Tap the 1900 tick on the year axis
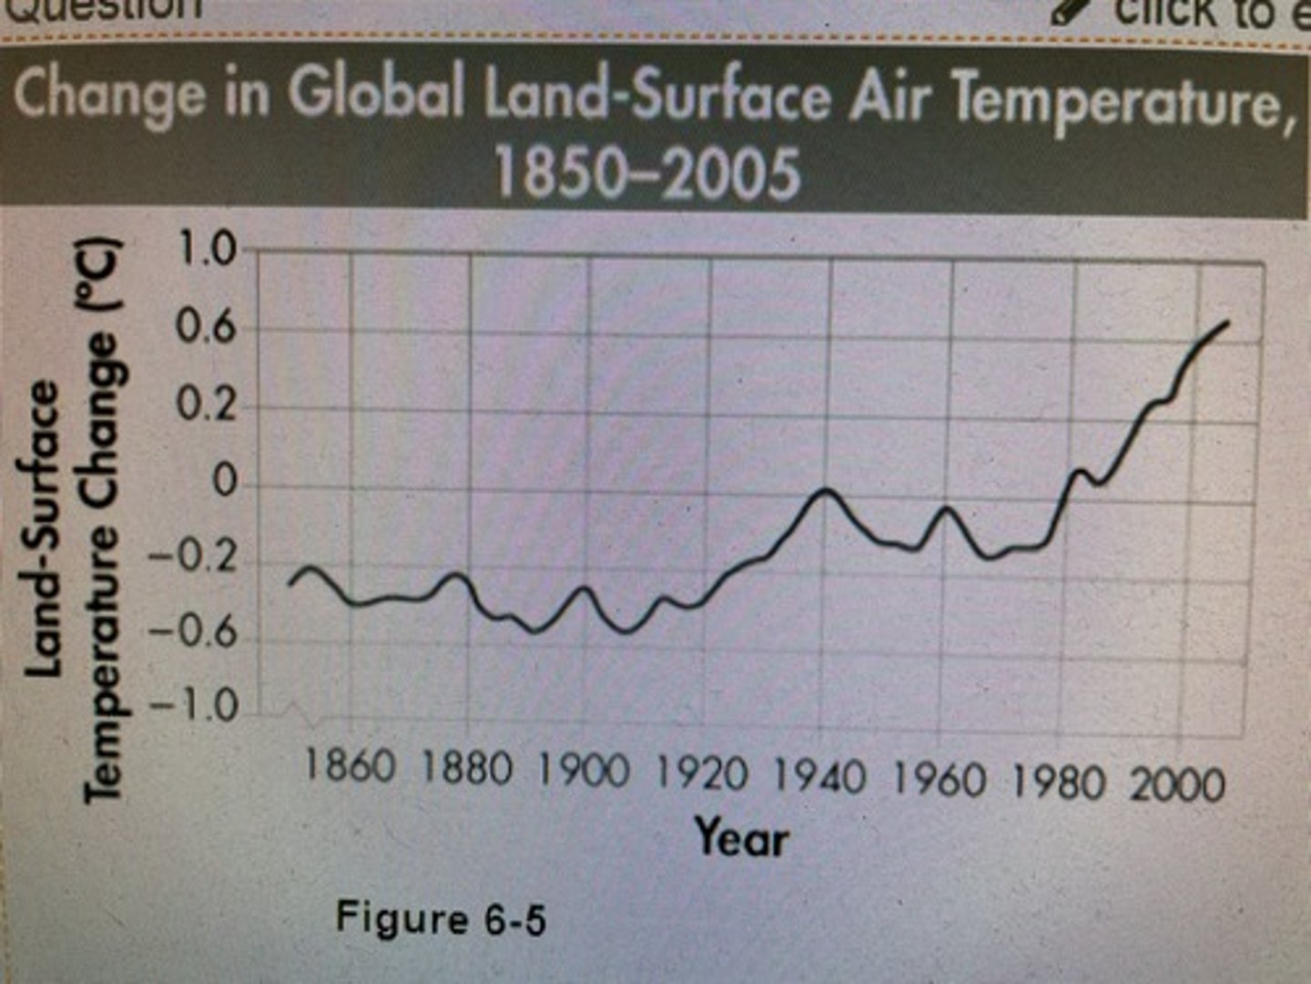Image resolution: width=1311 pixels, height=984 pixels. pyautogui.click(x=584, y=771)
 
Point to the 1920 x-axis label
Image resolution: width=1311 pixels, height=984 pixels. pyautogui.click(x=702, y=774)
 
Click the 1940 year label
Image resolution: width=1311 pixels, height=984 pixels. pyautogui.click(x=819, y=777)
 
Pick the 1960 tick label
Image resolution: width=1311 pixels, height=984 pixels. pyautogui.click(x=939, y=780)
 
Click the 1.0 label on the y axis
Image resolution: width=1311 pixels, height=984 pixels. pyautogui.click(x=206, y=249)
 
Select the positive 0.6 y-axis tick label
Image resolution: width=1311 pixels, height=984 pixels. pyautogui.click(x=206, y=327)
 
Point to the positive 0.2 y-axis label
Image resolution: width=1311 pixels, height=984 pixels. pyautogui.click(x=206, y=405)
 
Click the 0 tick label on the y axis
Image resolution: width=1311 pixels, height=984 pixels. pyautogui.click(x=224, y=481)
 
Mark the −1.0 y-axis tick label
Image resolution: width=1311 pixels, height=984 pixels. pyautogui.click(x=193, y=706)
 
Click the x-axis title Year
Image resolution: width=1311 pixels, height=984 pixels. pyautogui.click(x=741, y=836)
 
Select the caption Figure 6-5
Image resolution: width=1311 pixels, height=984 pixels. pyautogui.click(x=441, y=917)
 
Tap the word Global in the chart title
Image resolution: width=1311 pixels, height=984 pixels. pyautogui.click(x=376, y=92)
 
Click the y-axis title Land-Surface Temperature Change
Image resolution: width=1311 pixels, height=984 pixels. pyautogui.click(x=73, y=519)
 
